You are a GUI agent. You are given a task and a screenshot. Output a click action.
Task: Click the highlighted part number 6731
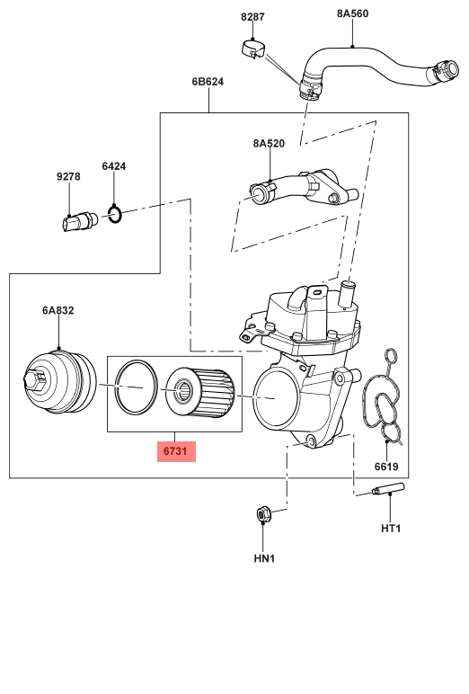pos(176,451)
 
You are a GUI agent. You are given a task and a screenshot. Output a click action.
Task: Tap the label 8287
pos(252,17)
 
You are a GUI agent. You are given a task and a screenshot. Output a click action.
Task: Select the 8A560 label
pos(352,13)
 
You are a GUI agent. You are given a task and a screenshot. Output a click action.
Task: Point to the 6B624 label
pos(208,82)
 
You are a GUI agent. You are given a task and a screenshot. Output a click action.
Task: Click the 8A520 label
pos(269,144)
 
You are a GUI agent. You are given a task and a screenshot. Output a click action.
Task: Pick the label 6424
pos(114,166)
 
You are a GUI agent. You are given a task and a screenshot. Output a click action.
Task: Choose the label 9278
pos(68,176)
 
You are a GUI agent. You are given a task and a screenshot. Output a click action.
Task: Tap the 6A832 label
pos(58,310)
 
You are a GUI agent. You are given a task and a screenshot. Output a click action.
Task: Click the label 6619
pos(386,467)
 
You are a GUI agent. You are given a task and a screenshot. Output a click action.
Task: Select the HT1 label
pos(391,528)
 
